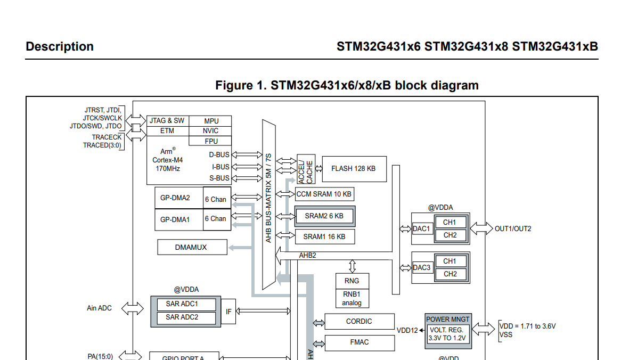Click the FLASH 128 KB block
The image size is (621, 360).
click(x=354, y=169)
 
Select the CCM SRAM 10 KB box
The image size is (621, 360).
click(x=324, y=194)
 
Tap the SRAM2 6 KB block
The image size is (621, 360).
click(x=325, y=216)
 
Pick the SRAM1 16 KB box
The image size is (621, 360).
click(x=325, y=237)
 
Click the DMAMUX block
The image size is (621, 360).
click(x=192, y=247)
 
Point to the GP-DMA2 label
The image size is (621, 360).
click(x=175, y=198)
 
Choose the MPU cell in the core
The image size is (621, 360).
click(x=210, y=121)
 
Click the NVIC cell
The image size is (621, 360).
click(x=210, y=131)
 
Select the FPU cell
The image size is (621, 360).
click(x=210, y=141)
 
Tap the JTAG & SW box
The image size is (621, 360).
click(x=168, y=121)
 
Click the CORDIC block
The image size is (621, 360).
click(x=359, y=322)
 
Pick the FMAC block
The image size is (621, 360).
click(x=359, y=342)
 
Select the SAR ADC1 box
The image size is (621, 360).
click(x=186, y=304)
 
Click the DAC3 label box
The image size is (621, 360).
click(x=422, y=268)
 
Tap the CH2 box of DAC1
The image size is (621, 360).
click(x=450, y=235)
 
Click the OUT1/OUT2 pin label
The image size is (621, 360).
click(x=513, y=229)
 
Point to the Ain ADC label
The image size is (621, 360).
click(x=99, y=308)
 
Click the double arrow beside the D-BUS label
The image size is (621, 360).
click(x=247, y=155)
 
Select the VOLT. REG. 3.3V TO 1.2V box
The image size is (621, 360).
click(x=447, y=334)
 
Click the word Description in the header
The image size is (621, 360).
click(x=60, y=47)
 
